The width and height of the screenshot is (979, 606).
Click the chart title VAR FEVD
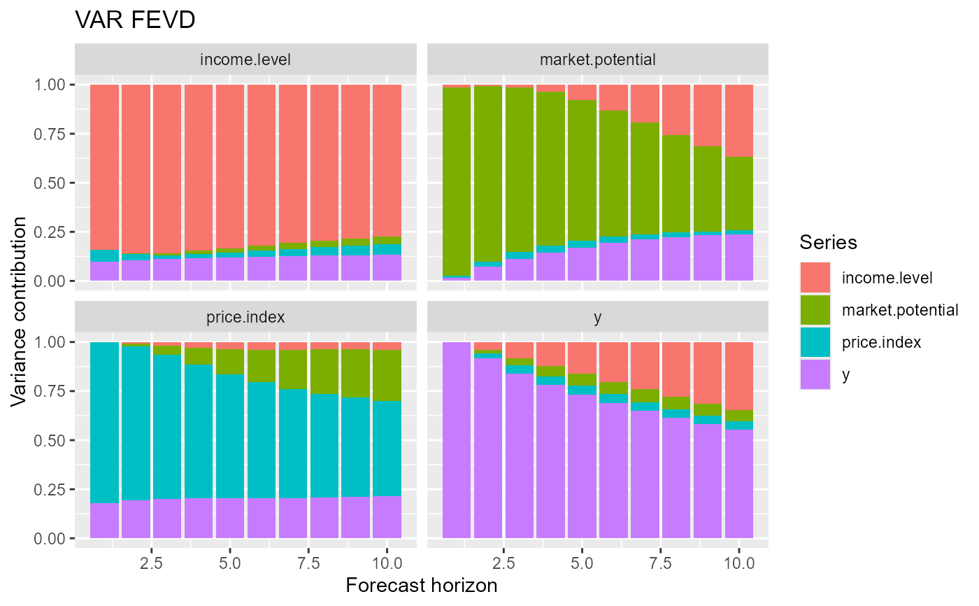[135, 21]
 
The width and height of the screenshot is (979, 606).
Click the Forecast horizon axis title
[422, 586]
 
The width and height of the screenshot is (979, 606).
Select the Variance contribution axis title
[20, 311]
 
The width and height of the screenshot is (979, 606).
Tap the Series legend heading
[829, 242]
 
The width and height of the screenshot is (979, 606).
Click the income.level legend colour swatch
[815, 278]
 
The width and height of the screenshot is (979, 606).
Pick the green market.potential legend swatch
[815, 310]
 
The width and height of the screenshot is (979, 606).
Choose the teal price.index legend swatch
[815, 342]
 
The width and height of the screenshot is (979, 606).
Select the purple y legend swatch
[815, 374]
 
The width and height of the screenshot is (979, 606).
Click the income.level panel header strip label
[245, 59]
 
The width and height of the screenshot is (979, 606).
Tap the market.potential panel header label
[597, 59]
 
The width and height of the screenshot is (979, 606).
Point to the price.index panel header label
[245, 317]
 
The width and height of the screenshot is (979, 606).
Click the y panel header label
[597, 317]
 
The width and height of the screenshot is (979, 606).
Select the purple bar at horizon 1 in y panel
[457, 441]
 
